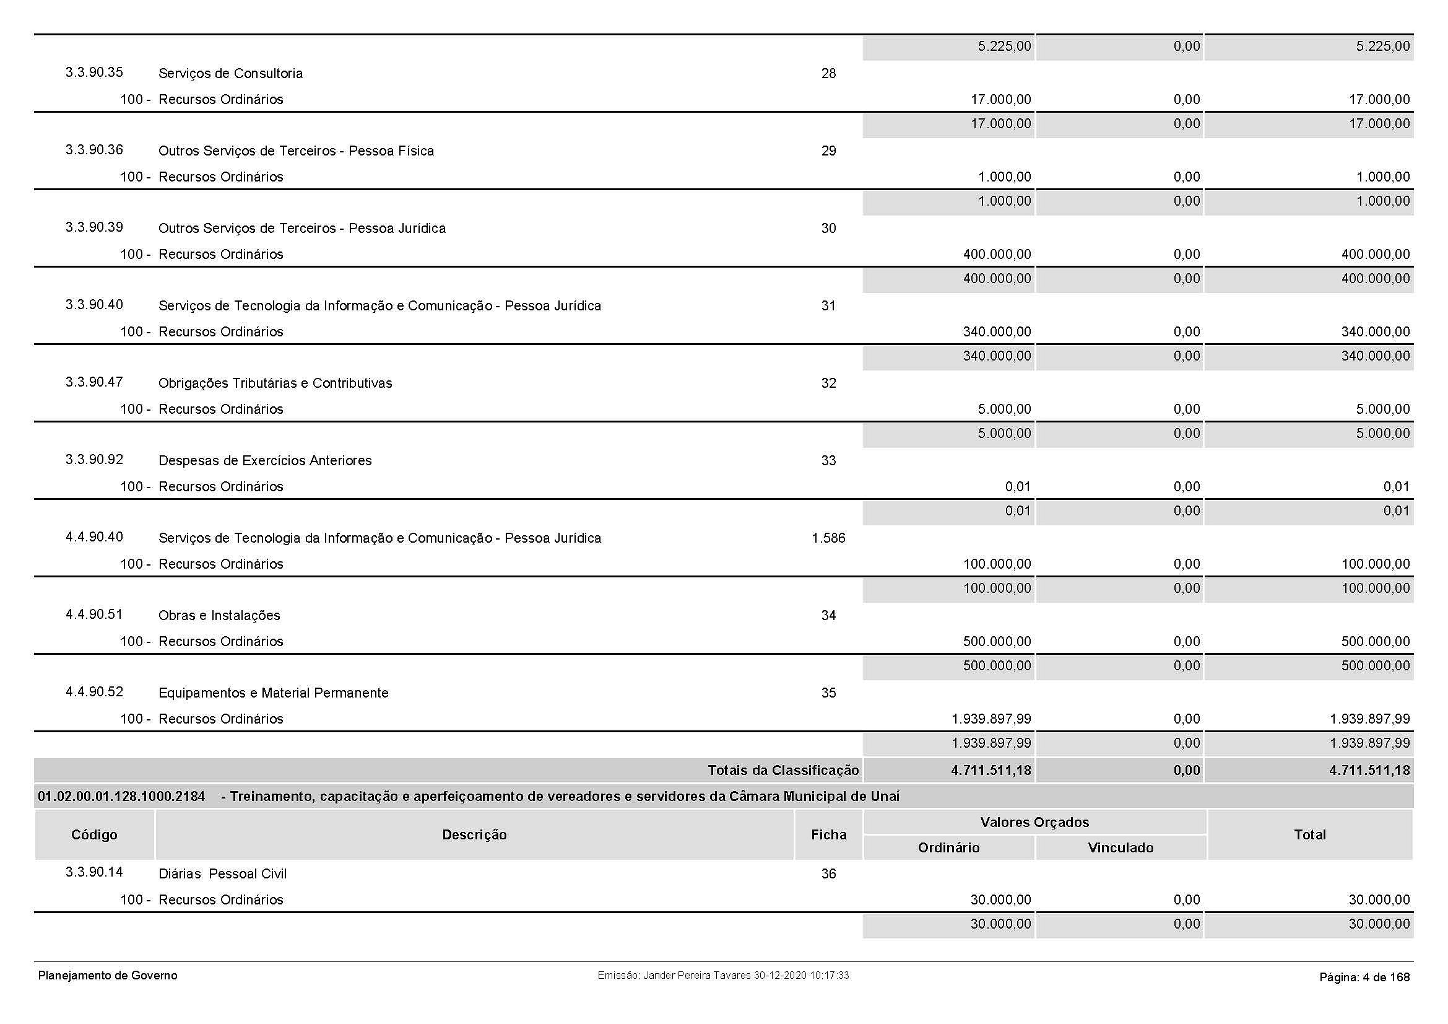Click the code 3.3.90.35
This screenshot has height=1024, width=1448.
coord(94,72)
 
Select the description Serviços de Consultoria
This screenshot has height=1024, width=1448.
coord(230,74)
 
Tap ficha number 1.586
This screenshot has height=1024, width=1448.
coord(828,538)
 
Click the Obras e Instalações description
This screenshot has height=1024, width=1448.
coord(219,616)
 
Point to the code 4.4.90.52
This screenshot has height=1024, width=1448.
coord(94,692)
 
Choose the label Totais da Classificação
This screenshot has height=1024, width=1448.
coord(783,771)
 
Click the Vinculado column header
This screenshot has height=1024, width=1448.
coord(1120,848)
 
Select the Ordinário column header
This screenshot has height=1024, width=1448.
coord(948,848)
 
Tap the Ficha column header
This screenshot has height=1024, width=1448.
coord(828,835)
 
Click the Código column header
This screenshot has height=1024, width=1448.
coord(94,835)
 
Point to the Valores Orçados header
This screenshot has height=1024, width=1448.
coord(1034,823)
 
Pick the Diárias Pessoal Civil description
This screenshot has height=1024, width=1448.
coord(222,875)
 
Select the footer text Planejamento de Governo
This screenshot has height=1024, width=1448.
coord(108,976)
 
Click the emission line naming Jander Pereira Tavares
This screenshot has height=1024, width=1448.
coord(722,976)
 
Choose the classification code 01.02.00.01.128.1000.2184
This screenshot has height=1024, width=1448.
coord(121,797)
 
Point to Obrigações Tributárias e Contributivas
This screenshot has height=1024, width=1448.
coord(275,383)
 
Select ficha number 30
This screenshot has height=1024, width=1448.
coord(828,229)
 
